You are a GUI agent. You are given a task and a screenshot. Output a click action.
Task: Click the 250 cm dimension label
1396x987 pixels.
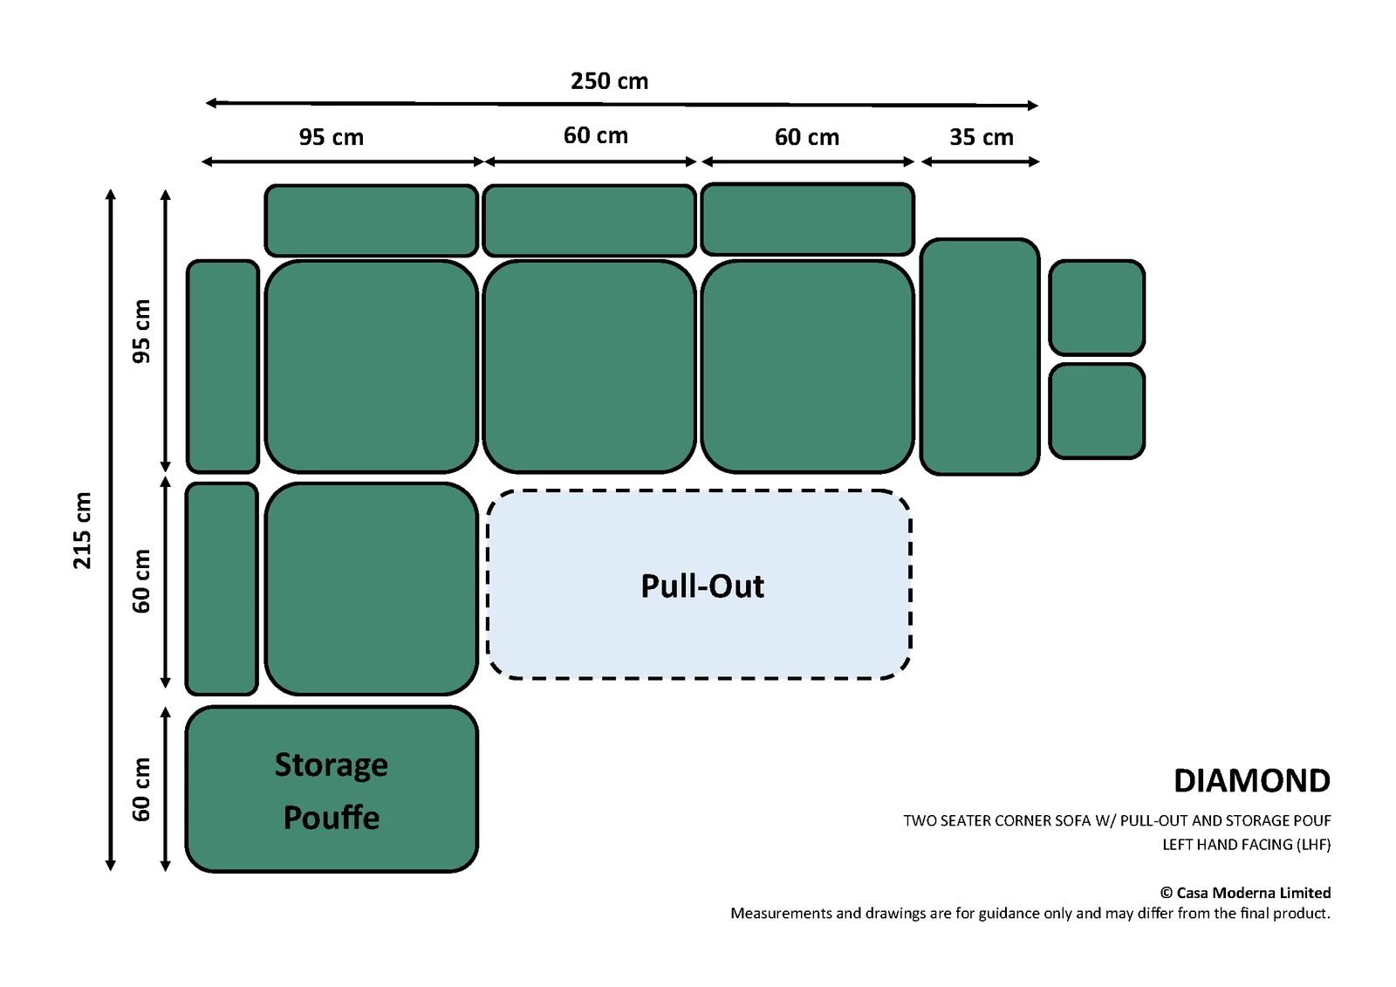pyautogui.click(x=609, y=81)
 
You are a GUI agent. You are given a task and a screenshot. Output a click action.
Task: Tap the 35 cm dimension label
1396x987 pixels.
pyautogui.click(x=981, y=137)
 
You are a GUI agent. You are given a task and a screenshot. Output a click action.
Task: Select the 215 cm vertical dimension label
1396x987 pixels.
pyautogui.click(x=82, y=531)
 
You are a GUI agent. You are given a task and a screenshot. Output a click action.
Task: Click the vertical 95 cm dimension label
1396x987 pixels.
pyautogui.click(x=141, y=331)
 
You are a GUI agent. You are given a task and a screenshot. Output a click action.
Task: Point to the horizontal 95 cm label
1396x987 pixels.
pyautogui.click(x=331, y=137)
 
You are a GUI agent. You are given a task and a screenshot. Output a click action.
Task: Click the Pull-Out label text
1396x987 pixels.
pyautogui.click(x=702, y=586)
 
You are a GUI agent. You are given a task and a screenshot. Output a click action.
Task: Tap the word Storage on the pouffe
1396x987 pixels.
pyautogui.click(x=331, y=765)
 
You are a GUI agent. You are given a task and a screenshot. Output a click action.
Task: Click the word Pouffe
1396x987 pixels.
pyautogui.click(x=331, y=817)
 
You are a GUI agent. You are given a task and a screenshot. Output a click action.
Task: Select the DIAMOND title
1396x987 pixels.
pyautogui.click(x=1251, y=781)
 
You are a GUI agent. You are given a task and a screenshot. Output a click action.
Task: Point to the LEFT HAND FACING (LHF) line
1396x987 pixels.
pyautogui.click(x=1247, y=845)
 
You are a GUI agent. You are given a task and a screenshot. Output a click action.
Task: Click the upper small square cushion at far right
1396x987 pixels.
pyautogui.click(x=1097, y=307)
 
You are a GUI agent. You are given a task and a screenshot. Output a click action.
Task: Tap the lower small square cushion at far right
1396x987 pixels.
pyautogui.click(x=1097, y=412)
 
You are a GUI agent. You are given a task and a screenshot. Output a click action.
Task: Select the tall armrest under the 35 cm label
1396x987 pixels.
pyautogui.click(x=980, y=357)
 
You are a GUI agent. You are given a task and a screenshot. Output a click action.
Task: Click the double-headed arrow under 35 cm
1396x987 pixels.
pyautogui.click(x=981, y=162)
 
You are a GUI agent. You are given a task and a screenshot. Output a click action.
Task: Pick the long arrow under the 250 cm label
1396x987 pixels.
pyautogui.click(x=621, y=104)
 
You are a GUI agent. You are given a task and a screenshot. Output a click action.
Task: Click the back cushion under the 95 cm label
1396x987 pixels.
pyautogui.click(x=372, y=220)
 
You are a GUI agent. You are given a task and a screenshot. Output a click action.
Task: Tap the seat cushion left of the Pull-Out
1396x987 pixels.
pyautogui.click(x=372, y=588)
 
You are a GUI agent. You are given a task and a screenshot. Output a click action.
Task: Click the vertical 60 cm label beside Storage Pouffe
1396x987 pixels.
pyautogui.click(x=141, y=790)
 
